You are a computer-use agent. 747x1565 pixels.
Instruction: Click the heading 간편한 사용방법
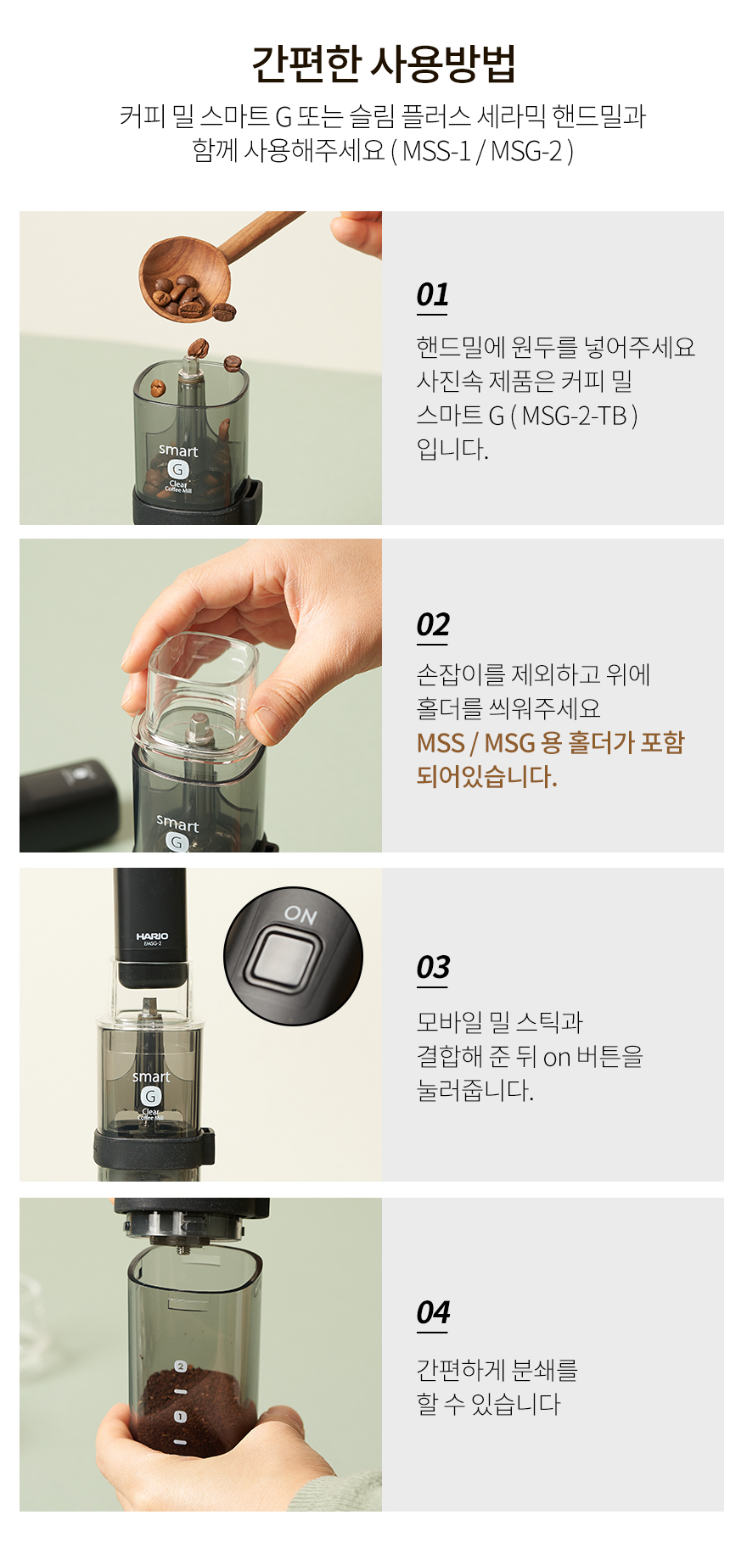point(384,64)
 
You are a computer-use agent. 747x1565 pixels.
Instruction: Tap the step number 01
point(432,294)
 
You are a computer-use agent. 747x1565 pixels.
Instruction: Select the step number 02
point(433,624)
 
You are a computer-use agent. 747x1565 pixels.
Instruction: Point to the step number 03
point(433,967)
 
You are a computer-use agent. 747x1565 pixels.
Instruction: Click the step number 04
point(433,1312)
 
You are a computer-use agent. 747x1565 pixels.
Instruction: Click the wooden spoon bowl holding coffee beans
point(186,279)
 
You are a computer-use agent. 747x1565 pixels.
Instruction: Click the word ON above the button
point(300,914)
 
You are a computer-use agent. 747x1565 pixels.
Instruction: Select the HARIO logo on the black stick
point(152,936)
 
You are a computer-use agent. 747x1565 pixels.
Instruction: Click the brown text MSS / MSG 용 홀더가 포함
point(550,743)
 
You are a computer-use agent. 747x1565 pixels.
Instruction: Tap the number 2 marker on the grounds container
point(180,1366)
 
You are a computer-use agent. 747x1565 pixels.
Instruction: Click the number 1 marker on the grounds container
point(180,1417)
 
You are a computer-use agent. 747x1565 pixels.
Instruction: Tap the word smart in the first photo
point(178,450)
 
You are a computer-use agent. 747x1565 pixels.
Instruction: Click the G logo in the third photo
point(150,1096)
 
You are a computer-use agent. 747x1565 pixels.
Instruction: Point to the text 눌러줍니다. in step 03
point(475,1090)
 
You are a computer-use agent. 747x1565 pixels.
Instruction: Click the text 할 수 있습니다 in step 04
point(488,1404)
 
